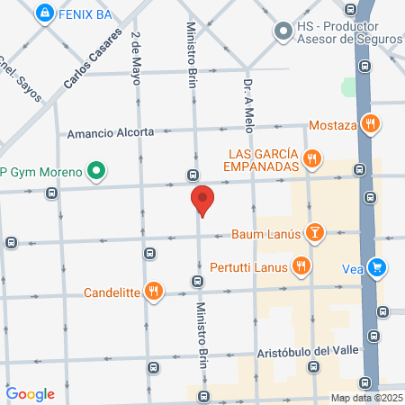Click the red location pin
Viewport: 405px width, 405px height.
tap(202, 201)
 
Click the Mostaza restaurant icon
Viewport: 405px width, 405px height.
tap(368, 124)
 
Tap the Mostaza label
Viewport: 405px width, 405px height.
tap(333, 125)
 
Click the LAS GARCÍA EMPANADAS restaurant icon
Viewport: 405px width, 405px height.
tap(311, 159)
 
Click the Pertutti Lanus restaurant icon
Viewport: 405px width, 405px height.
tap(302, 266)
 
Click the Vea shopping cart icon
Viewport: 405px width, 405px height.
tap(378, 267)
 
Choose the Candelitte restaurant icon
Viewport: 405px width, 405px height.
tap(154, 291)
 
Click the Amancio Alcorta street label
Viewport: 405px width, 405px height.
tap(112, 133)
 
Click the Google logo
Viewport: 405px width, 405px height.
tap(31, 393)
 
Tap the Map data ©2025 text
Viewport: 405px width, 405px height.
tap(365, 398)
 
